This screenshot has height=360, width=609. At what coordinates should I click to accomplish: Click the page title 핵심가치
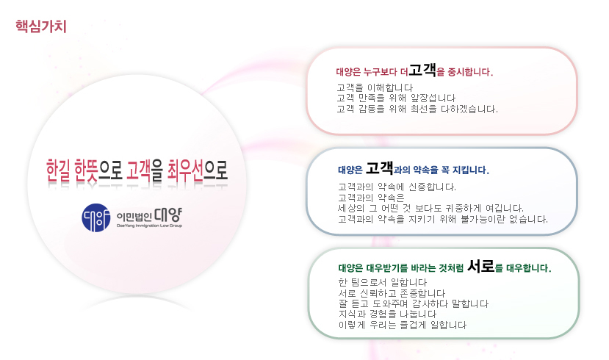tap(41, 26)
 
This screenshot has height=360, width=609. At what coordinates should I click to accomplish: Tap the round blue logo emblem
tap(96, 218)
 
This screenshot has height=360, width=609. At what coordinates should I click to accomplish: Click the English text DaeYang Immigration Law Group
tap(150, 226)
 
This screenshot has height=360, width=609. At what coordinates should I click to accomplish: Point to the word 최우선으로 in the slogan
tap(198, 171)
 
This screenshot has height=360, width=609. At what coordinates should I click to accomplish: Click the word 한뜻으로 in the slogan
tap(98, 171)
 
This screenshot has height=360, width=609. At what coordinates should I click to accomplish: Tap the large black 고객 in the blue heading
tap(380, 168)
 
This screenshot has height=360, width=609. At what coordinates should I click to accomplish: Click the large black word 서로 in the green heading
tap(481, 267)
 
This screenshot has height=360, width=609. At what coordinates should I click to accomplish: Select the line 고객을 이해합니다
tap(375, 87)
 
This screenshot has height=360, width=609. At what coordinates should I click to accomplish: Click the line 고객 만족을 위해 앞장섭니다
tap(396, 98)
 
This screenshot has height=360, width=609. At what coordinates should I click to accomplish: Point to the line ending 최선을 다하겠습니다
tap(417, 109)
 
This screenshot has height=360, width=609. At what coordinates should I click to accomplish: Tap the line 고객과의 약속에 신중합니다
tap(397, 187)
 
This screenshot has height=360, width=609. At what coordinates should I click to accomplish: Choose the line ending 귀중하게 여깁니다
tap(430, 208)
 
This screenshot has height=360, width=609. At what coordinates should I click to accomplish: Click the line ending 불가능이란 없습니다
tap(443, 219)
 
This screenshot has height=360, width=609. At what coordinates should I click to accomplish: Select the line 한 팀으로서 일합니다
tap(383, 282)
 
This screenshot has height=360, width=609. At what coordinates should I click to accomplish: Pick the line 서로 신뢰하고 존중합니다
tap(392, 293)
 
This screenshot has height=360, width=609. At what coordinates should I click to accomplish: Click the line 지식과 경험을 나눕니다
tap(388, 314)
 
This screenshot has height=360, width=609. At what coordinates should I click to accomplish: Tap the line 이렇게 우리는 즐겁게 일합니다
tap(403, 325)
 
